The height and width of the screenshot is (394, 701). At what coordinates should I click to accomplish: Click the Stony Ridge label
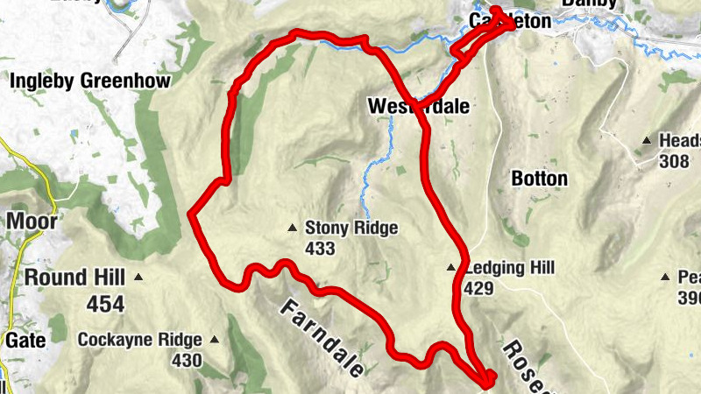[350, 229]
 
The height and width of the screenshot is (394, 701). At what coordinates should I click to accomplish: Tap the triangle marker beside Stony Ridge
[293, 229]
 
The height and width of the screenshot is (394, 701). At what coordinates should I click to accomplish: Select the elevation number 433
[320, 249]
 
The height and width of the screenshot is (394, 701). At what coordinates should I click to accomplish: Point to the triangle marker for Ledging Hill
[451, 268]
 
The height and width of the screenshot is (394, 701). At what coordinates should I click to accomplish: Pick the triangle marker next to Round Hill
[139, 278]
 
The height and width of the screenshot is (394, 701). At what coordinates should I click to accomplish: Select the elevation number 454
[105, 304]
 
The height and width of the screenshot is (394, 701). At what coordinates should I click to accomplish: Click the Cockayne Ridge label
[139, 340]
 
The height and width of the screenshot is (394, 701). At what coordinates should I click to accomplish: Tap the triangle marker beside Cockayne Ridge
[213, 340]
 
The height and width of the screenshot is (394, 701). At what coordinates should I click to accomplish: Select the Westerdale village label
[418, 107]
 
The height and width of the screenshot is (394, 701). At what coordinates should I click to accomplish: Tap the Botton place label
[539, 179]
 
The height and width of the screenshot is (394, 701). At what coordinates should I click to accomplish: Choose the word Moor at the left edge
[32, 221]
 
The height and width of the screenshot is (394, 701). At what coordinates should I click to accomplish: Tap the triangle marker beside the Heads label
[647, 140]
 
